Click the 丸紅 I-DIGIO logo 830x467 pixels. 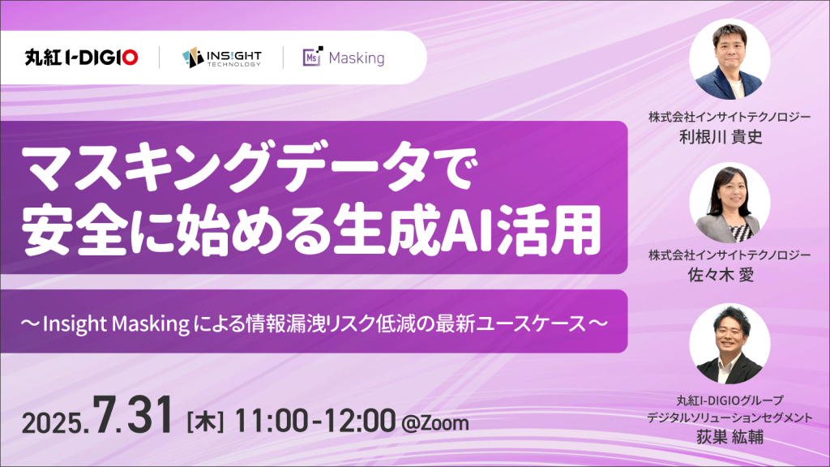point(81,58)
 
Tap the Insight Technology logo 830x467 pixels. point(222,58)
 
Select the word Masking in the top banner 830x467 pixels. point(357,58)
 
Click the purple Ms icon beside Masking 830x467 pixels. point(313,57)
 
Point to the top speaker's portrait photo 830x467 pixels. point(729,59)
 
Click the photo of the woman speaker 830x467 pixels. point(729,203)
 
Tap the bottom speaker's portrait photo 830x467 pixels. point(729,344)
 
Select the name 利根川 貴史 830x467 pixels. point(721,137)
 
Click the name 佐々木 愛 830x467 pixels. point(721,275)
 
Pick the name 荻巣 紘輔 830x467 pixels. point(729,437)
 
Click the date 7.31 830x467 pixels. point(133,415)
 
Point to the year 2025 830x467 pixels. point(55,423)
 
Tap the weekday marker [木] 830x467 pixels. point(205,422)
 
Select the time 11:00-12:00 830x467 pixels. point(315,421)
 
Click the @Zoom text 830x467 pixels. point(435,423)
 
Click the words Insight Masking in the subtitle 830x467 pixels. point(116,323)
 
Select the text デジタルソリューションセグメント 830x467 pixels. point(729,418)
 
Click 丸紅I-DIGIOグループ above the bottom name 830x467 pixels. point(729,401)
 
